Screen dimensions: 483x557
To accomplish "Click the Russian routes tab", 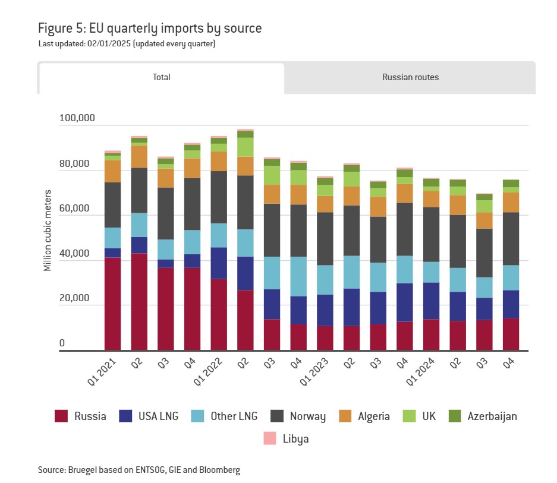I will click(x=410, y=77).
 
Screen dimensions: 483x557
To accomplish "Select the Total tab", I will click(x=161, y=77).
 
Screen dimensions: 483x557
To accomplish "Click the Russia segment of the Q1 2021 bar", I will click(x=112, y=303).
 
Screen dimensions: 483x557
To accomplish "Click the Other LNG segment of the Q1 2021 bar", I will click(x=112, y=238).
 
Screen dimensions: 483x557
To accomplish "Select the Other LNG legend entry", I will click(x=224, y=416).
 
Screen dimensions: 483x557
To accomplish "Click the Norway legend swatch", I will click(x=277, y=416).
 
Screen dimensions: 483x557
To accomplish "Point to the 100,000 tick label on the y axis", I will click(x=77, y=118).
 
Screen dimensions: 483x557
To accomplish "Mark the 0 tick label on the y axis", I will click(x=62, y=343).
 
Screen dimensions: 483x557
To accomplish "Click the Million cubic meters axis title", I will click(x=48, y=231).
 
